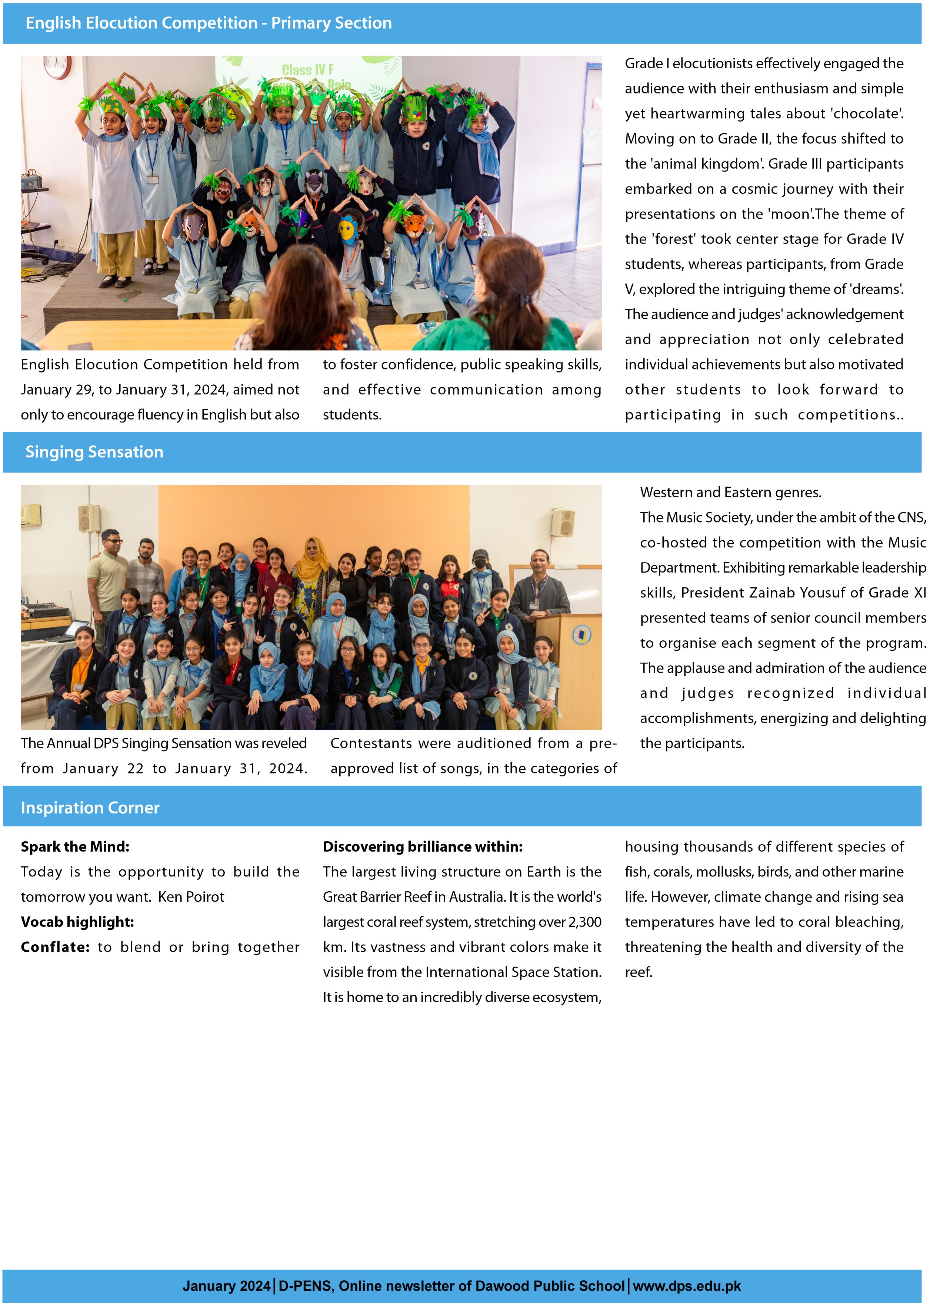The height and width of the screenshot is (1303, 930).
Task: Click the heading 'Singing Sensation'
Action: pos(94,452)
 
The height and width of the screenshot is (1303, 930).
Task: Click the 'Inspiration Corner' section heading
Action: pos(90,808)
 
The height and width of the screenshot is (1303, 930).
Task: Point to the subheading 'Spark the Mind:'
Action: pos(75,846)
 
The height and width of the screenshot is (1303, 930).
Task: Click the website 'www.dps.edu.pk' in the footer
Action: pos(687,1286)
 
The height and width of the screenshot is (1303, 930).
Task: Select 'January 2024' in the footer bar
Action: pos(226,1286)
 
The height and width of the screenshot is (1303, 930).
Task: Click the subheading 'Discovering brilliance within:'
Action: pos(423,846)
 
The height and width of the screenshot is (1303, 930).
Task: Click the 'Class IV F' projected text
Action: pos(307,70)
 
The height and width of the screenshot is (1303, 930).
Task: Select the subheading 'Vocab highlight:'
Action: pos(77,922)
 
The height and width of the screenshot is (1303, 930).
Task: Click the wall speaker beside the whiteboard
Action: pos(562,521)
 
